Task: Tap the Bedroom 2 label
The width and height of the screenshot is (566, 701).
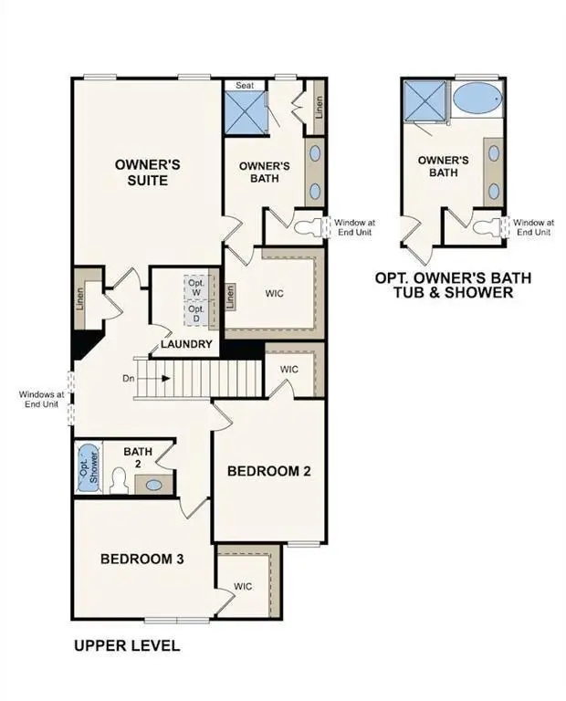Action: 269,471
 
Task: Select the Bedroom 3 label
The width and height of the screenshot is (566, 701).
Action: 142,559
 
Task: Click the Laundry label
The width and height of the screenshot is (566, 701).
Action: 187,344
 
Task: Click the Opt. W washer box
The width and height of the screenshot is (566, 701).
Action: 196,287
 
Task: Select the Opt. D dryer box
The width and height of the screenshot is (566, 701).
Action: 196,314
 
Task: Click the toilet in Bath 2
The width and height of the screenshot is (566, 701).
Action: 117,480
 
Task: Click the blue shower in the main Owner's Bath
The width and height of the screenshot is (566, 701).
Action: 246,112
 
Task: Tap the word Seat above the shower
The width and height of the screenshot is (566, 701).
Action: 245,86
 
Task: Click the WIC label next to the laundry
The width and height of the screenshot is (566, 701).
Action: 276,295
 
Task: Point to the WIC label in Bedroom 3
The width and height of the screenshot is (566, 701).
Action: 243,586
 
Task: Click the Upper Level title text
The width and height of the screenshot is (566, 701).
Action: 126,646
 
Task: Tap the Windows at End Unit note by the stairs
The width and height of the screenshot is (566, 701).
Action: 41,400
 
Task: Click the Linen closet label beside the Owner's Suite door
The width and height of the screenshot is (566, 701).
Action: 79,298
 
